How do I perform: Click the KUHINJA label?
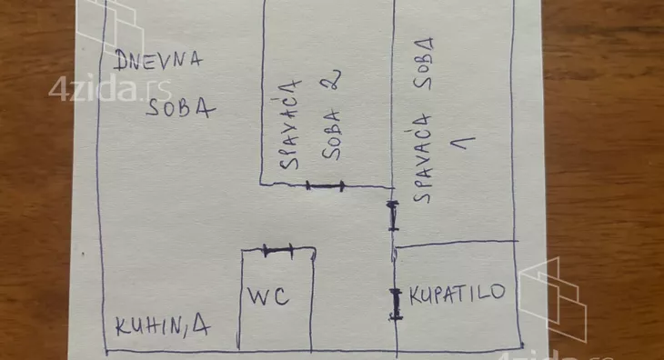(x=161, y=327)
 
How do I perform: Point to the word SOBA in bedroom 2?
(x=332, y=135)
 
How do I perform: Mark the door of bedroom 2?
(x=325, y=186)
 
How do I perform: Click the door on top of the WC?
(x=277, y=248)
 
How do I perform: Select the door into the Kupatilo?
(x=396, y=304)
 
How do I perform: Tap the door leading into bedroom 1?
(x=393, y=215)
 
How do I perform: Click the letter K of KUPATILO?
(x=415, y=295)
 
